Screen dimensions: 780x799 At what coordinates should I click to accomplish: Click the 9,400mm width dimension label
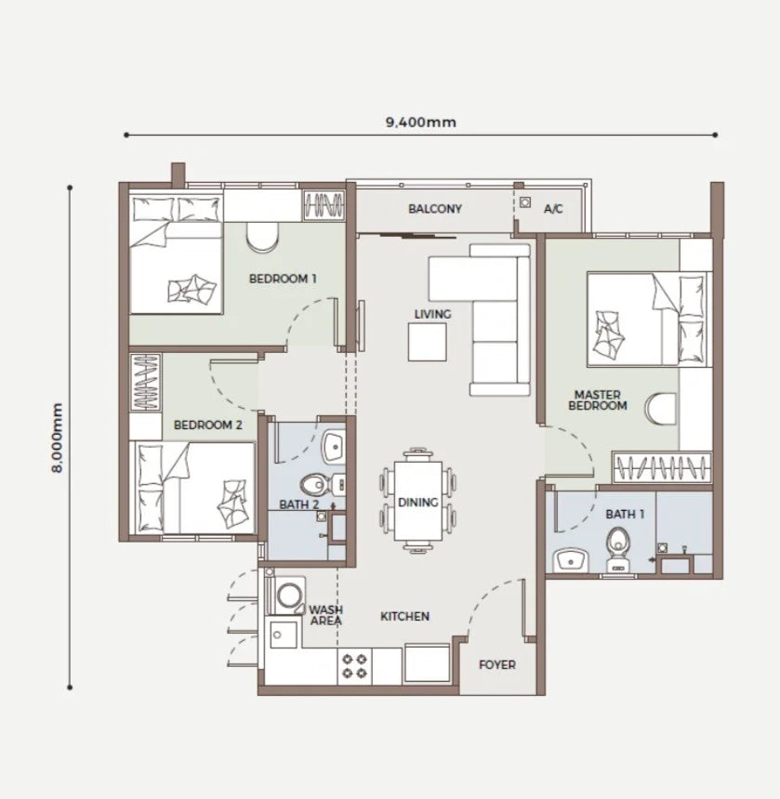click(x=420, y=123)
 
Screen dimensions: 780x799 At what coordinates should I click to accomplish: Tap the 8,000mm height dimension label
click(x=57, y=438)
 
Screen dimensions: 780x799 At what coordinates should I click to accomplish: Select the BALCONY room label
click(x=435, y=208)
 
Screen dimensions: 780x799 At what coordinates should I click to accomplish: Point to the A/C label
click(x=553, y=208)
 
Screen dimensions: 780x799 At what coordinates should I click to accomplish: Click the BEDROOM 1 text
click(x=283, y=279)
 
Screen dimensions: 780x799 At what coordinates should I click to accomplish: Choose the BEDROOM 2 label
click(x=208, y=425)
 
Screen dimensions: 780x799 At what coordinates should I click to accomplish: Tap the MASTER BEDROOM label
click(x=598, y=400)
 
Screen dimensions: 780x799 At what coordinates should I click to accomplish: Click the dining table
click(x=418, y=501)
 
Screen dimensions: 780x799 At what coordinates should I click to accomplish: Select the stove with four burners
click(x=355, y=666)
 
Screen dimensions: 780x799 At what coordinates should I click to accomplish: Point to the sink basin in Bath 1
click(x=571, y=560)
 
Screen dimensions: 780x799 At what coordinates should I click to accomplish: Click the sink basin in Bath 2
click(x=335, y=447)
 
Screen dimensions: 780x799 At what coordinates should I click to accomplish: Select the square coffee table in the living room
click(x=428, y=342)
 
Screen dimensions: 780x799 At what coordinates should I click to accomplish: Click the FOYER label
click(x=497, y=664)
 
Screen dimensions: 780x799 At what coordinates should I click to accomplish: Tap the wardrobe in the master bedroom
click(x=662, y=466)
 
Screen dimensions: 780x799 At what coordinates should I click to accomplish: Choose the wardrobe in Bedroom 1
click(x=324, y=205)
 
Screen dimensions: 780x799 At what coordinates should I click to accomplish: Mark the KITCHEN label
click(x=404, y=616)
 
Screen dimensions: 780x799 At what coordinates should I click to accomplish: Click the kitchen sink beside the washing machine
click(x=284, y=635)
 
